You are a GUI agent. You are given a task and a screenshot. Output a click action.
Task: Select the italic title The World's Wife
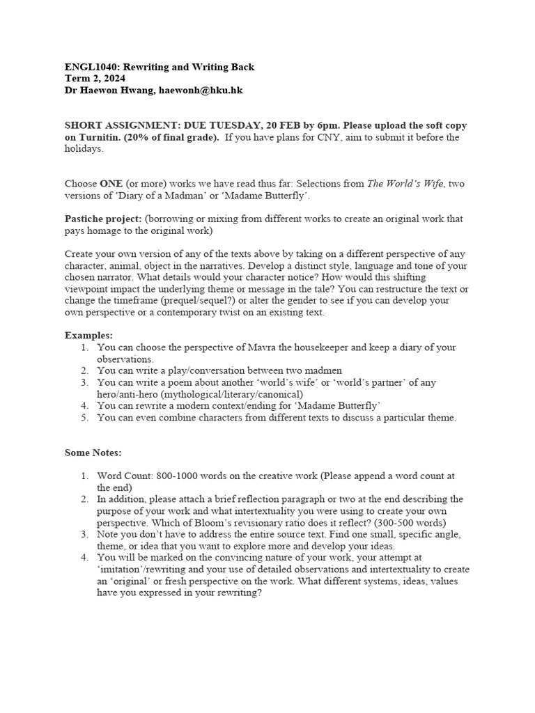405,183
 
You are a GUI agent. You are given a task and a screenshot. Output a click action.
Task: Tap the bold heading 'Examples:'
88,335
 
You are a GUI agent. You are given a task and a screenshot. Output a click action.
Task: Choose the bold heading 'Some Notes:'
93,453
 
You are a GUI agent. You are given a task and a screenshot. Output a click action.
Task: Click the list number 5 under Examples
84,418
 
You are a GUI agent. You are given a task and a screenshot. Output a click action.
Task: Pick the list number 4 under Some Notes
84,558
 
